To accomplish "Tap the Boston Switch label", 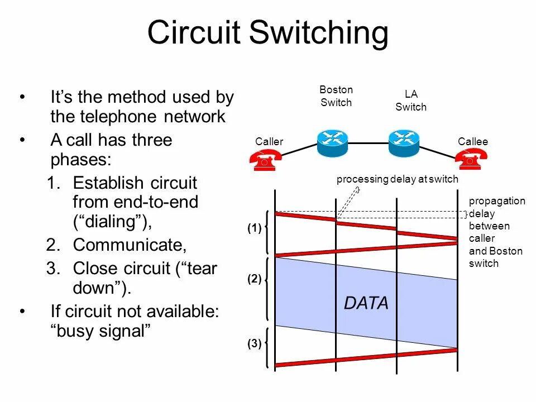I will point(336,96).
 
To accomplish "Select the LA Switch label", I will point(411,100).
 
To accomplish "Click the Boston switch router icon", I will point(333,143).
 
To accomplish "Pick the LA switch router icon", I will point(404,143).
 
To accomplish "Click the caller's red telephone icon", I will point(264,161).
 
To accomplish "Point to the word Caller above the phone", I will point(269,142).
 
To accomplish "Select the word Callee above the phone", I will point(473,142).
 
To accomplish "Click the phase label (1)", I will point(255,228).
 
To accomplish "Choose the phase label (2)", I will point(255,280).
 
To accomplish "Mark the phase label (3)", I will point(255,344).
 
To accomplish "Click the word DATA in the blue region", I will point(366,303).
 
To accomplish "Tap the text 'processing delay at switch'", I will point(397,179).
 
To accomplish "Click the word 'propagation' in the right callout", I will point(497,202).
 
